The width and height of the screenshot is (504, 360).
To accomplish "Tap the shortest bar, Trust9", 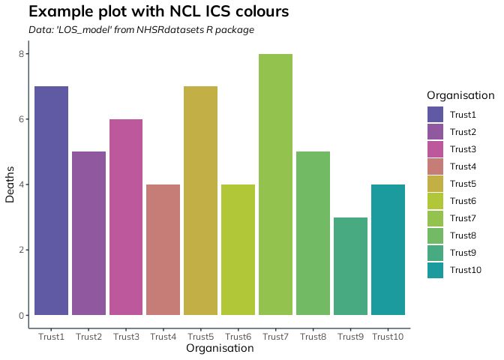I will [x=350, y=266].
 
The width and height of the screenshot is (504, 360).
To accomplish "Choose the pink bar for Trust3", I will [x=125, y=217].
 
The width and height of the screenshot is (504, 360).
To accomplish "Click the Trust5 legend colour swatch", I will [x=436, y=184].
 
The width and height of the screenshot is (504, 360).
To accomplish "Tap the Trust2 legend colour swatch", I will [x=436, y=131].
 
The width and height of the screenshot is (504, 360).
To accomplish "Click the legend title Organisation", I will [x=460, y=95].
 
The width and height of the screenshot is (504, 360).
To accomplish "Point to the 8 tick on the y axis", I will [x=23, y=54].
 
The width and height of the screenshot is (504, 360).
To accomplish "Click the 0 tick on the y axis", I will [x=23, y=315].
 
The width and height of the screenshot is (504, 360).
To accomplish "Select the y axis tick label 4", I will [x=23, y=184].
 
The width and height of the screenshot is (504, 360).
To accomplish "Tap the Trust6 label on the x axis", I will [x=238, y=337].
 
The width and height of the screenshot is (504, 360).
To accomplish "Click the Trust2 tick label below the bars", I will [x=88, y=337].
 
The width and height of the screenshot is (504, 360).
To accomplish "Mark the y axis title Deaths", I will [x=10, y=184].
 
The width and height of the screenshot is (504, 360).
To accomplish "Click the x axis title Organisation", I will [x=220, y=349].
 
